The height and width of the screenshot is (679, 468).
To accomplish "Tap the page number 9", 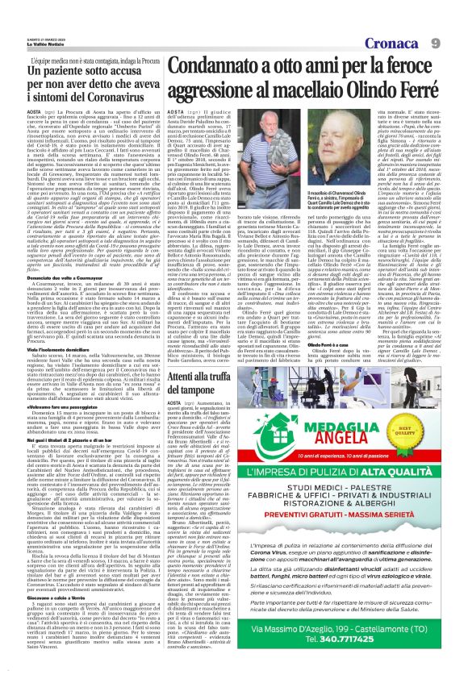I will (x=456, y=18).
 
